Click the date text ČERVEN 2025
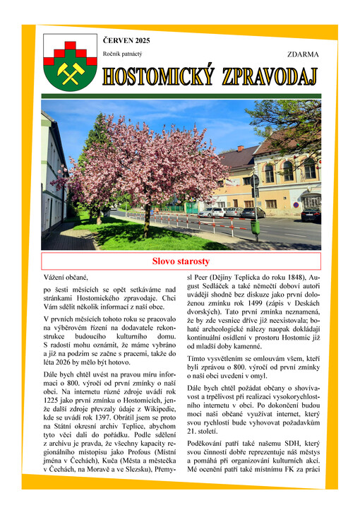(x=126, y=41)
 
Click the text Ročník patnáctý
(x=122, y=54)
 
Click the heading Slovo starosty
(x=181, y=261)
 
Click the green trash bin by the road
(x=255, y=227)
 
